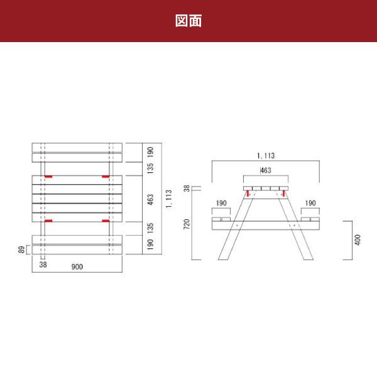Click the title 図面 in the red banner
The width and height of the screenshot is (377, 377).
[188, 21]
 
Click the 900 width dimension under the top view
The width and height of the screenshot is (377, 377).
[77, 266]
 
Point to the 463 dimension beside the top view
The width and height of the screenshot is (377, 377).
[150, 200]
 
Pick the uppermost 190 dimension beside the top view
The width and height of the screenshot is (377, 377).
[150, 153]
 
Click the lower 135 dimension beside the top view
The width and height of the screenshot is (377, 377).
[150, 227]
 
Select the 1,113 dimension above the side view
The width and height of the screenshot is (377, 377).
[266, 155]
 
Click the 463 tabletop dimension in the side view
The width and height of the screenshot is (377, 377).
[265, 170]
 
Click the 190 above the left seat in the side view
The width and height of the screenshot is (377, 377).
[221, 203]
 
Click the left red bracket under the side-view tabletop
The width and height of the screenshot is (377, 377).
[248, 194]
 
